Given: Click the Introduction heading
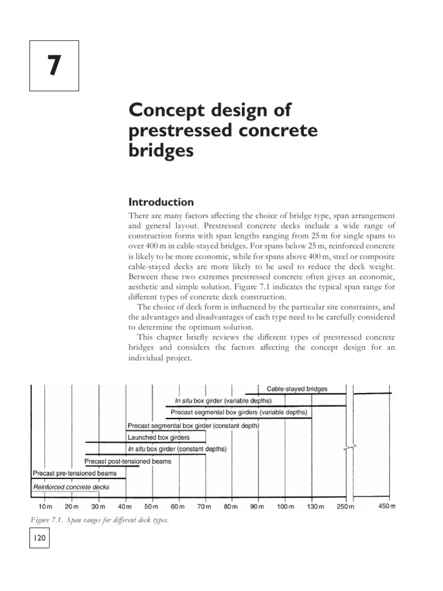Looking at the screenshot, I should click(x=160, y=202).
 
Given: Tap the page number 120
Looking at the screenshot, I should click(x=40, y=539).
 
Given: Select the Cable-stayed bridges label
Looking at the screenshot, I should click(x=296, y=388).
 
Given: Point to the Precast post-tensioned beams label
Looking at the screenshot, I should click(x=127, y=461).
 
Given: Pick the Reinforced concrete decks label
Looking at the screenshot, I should click(x=71, y=487).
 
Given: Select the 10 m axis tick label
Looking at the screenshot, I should click(x=45, y=507).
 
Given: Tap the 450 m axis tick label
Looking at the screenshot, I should click(x=387, y=506).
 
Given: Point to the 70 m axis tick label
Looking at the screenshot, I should click(x=205, y=507).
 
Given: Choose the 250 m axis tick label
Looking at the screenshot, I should click(x=345, y=507).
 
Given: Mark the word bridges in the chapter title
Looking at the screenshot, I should click(x=160, y=151).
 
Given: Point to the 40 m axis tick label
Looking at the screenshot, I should click(x=125, y=507).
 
